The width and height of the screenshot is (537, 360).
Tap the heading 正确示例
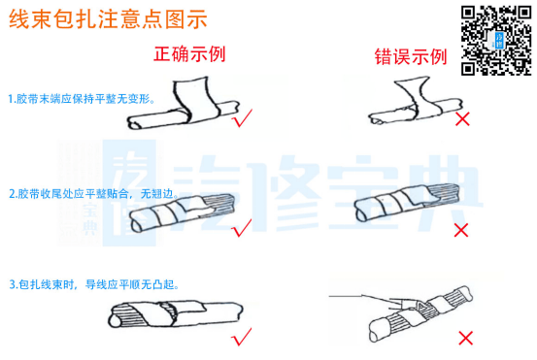click(189, 53)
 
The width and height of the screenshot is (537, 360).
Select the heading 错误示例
click(411, 57)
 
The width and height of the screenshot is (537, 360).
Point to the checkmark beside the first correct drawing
click(242, 117)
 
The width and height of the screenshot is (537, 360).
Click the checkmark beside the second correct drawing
click(242, 227)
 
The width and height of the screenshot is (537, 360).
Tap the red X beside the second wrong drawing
click(462, 230)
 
